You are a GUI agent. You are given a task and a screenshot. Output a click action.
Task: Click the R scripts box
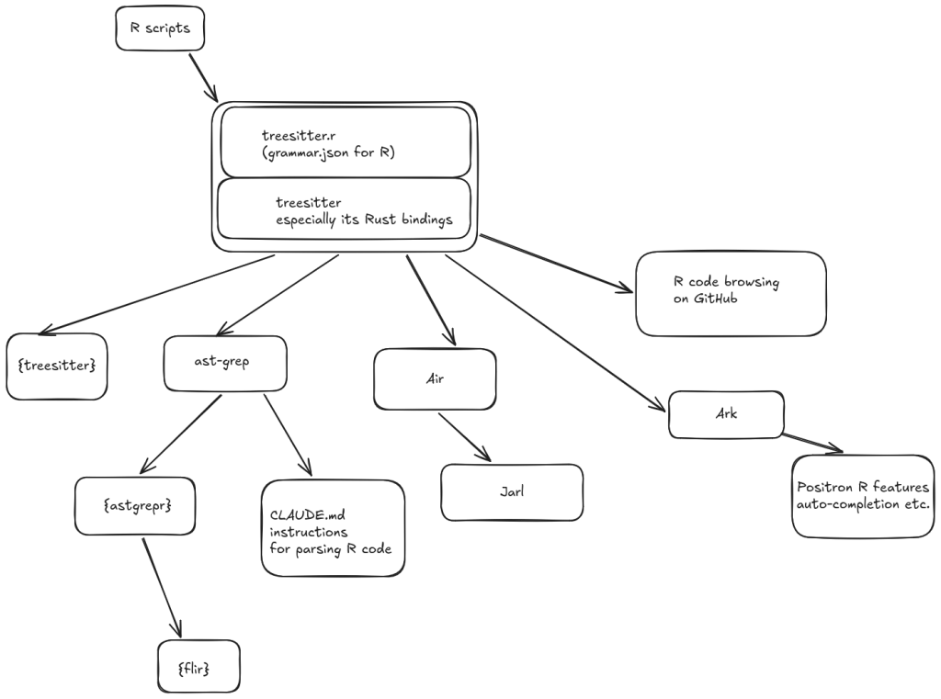pos(160,28)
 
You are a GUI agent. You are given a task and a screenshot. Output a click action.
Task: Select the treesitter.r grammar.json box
pos(345,142)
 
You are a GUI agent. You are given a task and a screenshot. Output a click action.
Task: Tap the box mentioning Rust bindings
pos(345,210)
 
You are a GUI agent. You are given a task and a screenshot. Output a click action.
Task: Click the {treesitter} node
pos(57,365)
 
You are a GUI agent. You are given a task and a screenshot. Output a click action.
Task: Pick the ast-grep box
pos(224,361)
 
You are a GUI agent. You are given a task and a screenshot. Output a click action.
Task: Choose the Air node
pos(435,378)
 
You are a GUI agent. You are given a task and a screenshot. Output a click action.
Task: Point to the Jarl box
pos(512,491)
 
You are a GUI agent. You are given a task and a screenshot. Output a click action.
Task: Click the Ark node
pos(726,414)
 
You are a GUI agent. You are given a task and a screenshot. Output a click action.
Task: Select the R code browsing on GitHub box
pos(731,292)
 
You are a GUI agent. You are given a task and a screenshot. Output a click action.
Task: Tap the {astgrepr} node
pos(135,505)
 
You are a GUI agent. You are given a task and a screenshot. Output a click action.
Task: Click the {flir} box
pos(195,668)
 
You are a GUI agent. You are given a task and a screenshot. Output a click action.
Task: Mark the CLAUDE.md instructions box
pos(333,528)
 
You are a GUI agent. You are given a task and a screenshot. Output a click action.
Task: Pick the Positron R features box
pos(862,495)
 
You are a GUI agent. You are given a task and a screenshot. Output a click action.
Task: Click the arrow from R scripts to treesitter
pos(203,77)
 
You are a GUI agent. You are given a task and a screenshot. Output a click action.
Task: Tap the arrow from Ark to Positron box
pos(813,443)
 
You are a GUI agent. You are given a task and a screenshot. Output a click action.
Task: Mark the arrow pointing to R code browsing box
pos(556,265)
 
